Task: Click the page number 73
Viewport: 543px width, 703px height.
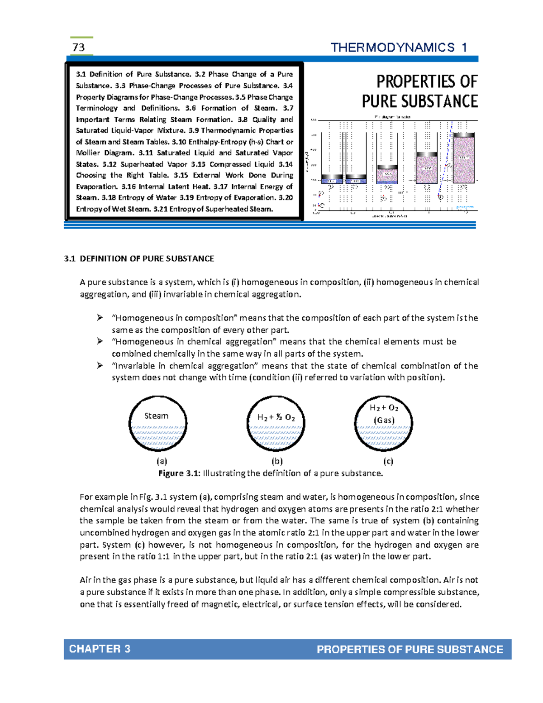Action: [78, 47]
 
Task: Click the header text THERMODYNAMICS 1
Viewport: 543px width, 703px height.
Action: [399, 48]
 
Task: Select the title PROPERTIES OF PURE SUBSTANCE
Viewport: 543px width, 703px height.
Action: [420, 91]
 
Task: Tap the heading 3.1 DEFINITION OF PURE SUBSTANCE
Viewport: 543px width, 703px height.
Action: [139, 258]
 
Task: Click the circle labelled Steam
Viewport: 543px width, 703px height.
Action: [158, 424]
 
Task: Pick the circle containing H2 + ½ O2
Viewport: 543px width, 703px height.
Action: [276, 424]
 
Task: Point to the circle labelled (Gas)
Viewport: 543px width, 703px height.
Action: [384, 424]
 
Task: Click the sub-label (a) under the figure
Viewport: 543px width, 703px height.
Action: [162, 461]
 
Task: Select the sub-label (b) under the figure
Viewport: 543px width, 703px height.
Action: [277, 461]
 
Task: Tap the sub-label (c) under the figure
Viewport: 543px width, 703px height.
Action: [388, 461]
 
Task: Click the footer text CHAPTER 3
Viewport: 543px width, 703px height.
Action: [100, 649]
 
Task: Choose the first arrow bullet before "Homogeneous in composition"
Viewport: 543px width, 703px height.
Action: [100, 318]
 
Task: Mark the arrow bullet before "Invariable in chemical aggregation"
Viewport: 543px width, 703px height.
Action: [100, 365]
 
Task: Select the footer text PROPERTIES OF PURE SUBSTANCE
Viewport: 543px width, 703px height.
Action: [410, 649]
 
